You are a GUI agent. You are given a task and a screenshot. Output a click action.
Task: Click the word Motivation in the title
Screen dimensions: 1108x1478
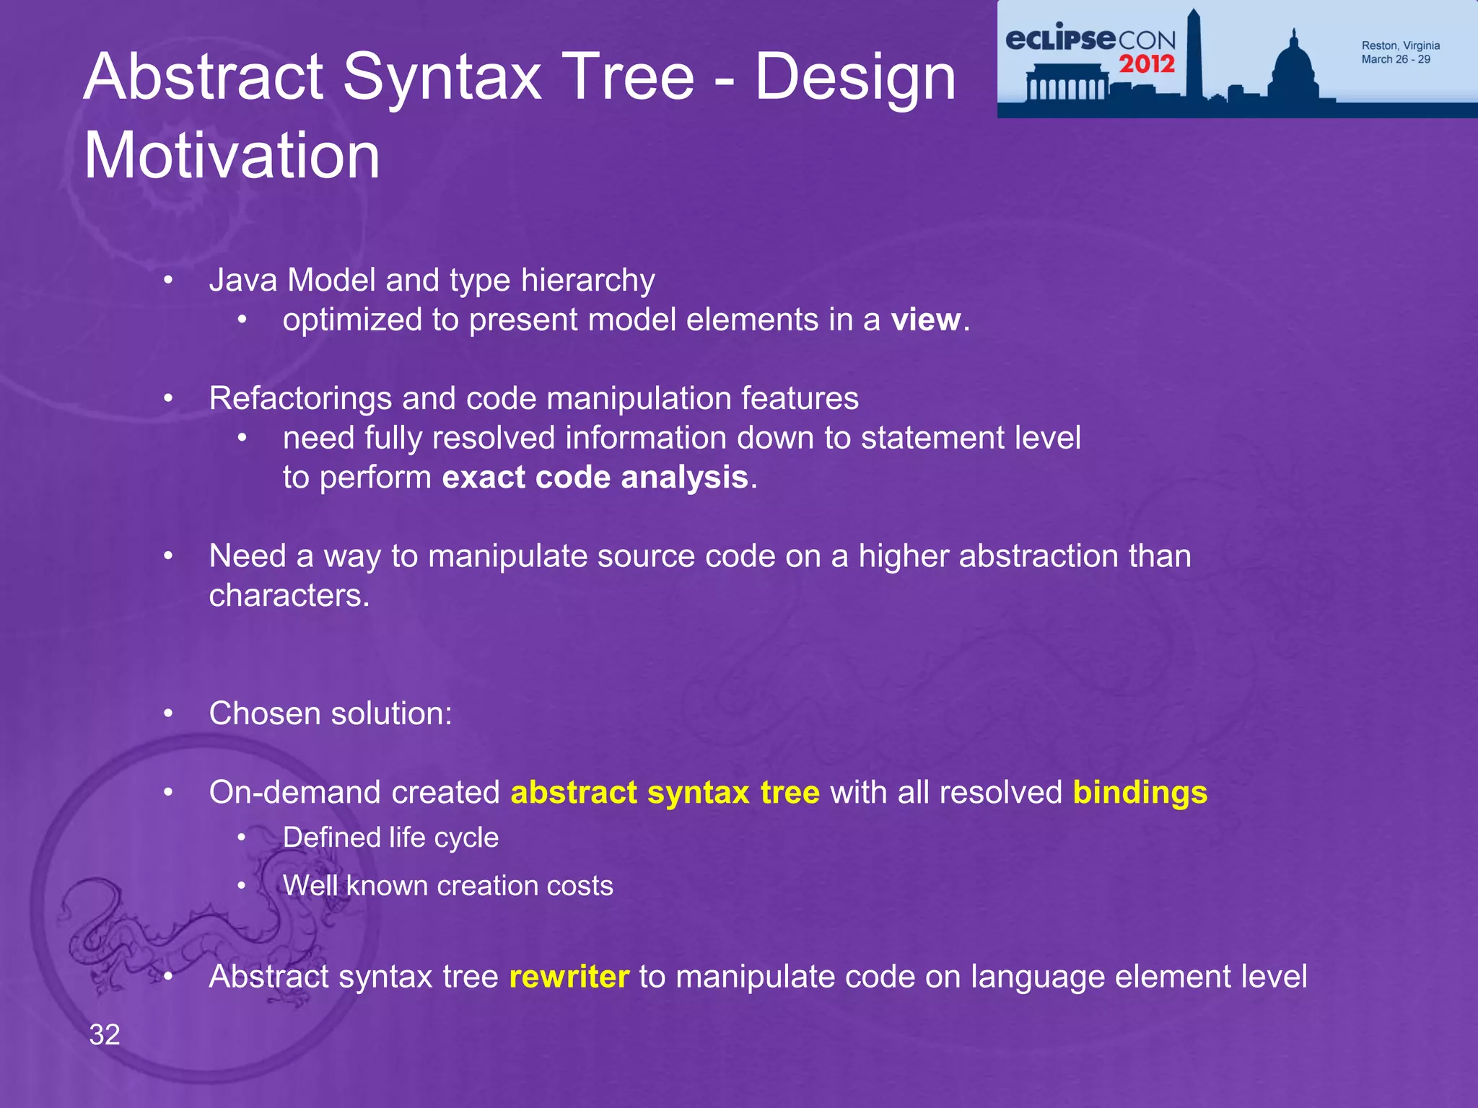[232, 156]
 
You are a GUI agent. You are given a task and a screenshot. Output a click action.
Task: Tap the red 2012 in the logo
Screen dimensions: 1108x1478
[1147, 64]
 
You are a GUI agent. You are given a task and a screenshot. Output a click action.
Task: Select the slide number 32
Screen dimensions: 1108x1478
[105, 1034]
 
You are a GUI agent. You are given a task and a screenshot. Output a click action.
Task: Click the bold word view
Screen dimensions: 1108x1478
[926, 320]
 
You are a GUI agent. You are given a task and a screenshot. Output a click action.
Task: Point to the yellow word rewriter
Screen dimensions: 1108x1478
[569, 977]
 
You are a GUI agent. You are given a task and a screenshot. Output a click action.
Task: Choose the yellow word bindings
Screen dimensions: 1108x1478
[1140, 792]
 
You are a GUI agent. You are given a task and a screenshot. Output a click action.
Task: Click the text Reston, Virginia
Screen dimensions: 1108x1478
[1400, 45]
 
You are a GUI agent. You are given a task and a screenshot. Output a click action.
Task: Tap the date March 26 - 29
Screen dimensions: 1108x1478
[1395, 59]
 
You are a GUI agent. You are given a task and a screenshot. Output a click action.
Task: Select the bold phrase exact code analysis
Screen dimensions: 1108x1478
[595, 478]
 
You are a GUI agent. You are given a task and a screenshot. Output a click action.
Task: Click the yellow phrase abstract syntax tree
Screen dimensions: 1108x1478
[665, 792]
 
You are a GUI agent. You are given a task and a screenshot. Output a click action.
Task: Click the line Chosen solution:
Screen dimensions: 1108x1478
[331, 713]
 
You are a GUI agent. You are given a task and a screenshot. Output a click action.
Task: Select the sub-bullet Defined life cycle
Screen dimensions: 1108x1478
[390, 837]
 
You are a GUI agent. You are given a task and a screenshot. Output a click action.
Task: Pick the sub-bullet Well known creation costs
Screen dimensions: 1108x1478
[447, 886]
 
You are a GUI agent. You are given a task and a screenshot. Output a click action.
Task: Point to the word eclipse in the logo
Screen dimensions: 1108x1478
[1060, 38]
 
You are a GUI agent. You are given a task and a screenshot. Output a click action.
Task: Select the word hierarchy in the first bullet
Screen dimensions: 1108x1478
[587, 280]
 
